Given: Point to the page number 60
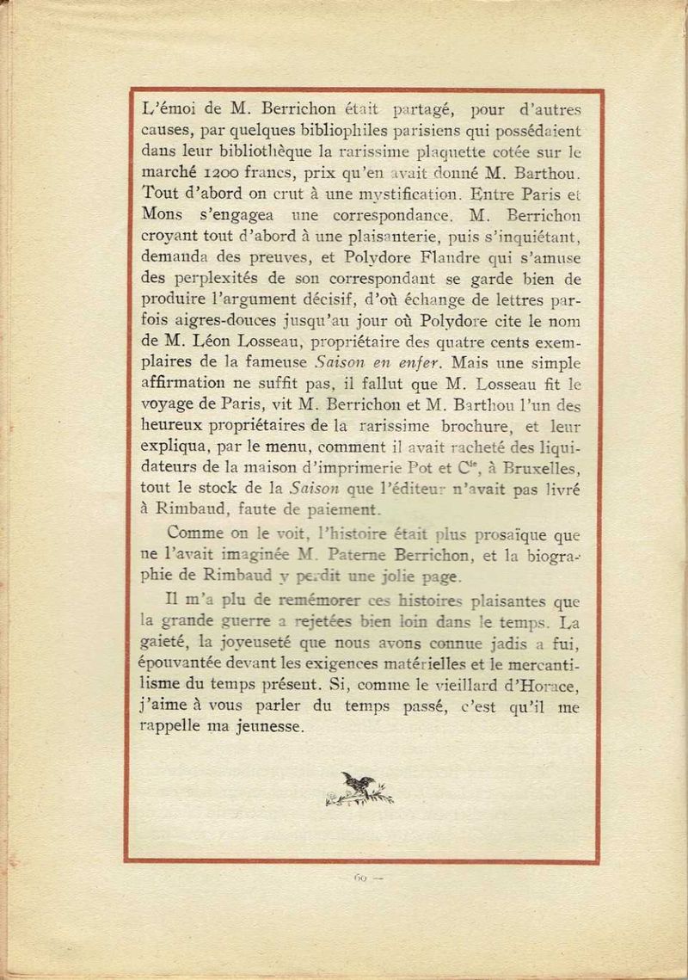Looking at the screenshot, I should (360, 878).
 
